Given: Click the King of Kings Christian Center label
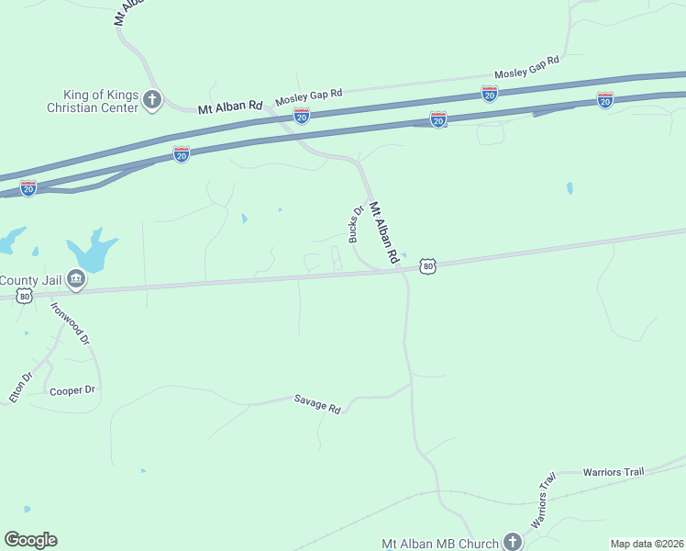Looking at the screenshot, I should point(100,101).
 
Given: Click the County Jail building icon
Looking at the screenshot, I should point(76,280).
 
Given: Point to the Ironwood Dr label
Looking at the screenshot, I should point(70,323).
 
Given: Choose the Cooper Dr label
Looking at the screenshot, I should point(72,390).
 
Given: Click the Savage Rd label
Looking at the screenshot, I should point(317,403).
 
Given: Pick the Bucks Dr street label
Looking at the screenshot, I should point(357,224).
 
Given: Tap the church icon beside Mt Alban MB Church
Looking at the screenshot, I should point(512,542).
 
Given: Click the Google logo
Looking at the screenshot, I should point(30,540).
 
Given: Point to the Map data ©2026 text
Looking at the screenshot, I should point(647,544).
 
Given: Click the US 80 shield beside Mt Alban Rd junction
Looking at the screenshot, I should point(427,266).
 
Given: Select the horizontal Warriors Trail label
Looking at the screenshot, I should point(614,472).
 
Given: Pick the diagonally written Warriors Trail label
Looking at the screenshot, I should point(544,500).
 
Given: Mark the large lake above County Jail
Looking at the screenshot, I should point(92,249).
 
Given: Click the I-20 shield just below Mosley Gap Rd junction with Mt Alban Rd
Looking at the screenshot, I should point(301,115).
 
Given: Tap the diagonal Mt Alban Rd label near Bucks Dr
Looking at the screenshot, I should point(386,231).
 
